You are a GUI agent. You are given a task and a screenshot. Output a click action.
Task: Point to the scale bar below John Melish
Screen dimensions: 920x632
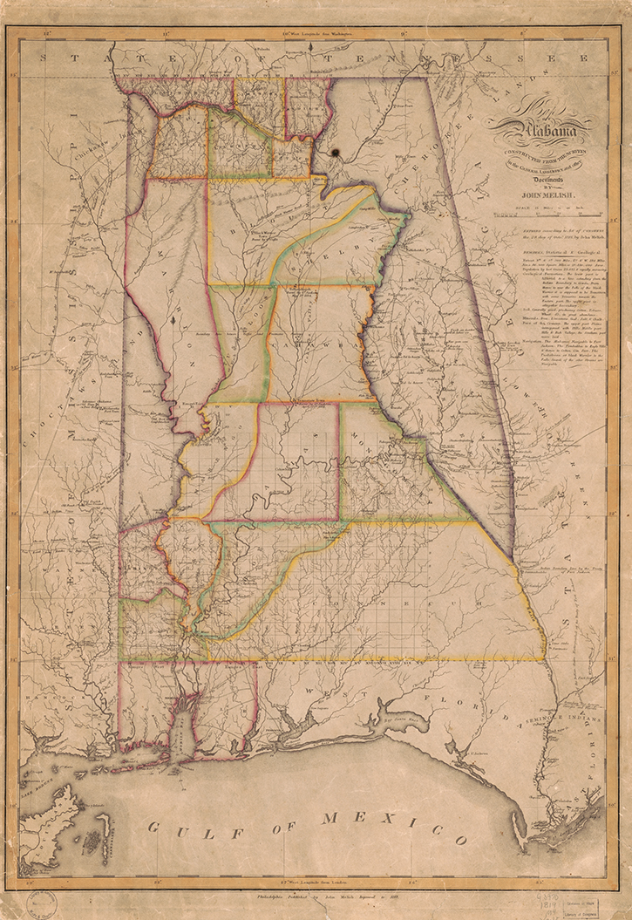pyautogui.click(x=540, y=208)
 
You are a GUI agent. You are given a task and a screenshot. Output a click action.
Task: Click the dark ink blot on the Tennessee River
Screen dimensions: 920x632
pyautogui.click(x=334, y=155)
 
